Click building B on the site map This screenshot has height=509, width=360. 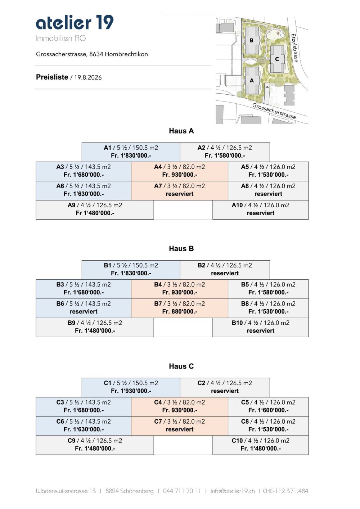pyautogui.click(x=252, y=40)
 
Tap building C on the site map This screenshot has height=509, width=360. pyautogui.click(x=277, y=59)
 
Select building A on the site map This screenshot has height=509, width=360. pyautogui.click(x=252, y=80)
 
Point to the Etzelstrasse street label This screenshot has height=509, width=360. pyautogui.click(x=295, y=48)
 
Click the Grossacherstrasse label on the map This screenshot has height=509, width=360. pyautogui.click(x=274, y=111)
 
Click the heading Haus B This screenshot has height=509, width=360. pyautogui.click(x=181, y=248)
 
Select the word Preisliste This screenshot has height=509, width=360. pyautogui.click(x=52, y=77)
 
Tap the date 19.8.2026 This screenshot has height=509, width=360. pyautogui.click(x=88, y=77)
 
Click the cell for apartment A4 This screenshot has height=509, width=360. pyautogui.click(x=180, y=171)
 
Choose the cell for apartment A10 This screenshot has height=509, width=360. pyautogui.click(x=260, y=210)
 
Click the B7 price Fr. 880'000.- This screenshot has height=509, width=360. pyautogui.click(x=180, y=311)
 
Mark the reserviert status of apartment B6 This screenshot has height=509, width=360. pyautogui.click(x=84, y=311)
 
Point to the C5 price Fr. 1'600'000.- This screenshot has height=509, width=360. pyautogui.click(x=269, y=410)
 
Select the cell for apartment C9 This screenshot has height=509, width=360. pyautogui.click(x=95, y=445)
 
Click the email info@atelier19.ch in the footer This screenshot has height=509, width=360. pyautogui.click(x=233, y=491)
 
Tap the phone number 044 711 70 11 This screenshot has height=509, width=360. pyautogui.click(x=181, y=491)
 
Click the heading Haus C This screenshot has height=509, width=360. pyautogui.click(x=181, y=366)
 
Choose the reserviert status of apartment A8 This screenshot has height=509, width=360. pyautogui.click(x=268, y=194)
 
